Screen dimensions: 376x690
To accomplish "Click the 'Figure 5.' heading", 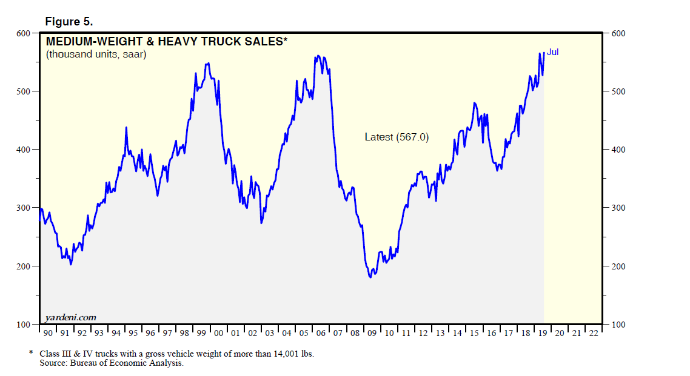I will click(69, 21).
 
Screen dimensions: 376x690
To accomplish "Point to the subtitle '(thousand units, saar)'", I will click(96, 54).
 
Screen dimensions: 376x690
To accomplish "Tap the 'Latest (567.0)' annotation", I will click(397, 137).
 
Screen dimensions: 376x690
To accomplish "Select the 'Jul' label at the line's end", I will click(552, 53).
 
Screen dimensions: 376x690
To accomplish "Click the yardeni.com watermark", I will click(70, 317).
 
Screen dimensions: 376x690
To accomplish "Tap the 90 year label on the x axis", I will click(48, 333).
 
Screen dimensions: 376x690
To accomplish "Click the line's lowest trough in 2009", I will click(370, 277).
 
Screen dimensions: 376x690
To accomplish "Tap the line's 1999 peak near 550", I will click(207, 63).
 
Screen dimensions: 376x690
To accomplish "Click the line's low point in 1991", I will click(70, 264).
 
